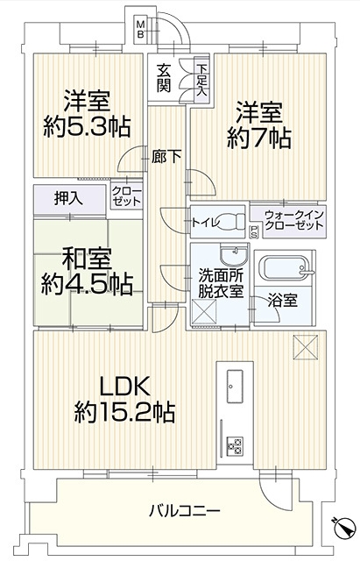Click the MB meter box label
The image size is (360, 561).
click(141, 30)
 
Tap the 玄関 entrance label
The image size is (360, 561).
click(164, 79)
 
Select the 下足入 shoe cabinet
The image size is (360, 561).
click(201, 80)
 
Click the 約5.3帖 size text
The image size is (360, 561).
click(87, 126)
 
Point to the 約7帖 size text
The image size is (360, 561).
click(258, 138)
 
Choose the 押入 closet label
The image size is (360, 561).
click(68, 199)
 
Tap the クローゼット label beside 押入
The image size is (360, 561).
click(126, 195)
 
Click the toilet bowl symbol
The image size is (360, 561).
click(233, 222)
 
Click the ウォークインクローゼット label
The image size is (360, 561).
click(294, 220)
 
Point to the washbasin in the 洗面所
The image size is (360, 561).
click(234, 254)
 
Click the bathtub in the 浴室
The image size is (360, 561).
click(286, 268)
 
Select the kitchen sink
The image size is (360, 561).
click(235, 387)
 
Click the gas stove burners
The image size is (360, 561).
click(235, 446)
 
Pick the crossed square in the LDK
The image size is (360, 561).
click(306, 347)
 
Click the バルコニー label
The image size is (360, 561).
click(185, 510)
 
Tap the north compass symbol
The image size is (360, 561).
click(344, 528)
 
